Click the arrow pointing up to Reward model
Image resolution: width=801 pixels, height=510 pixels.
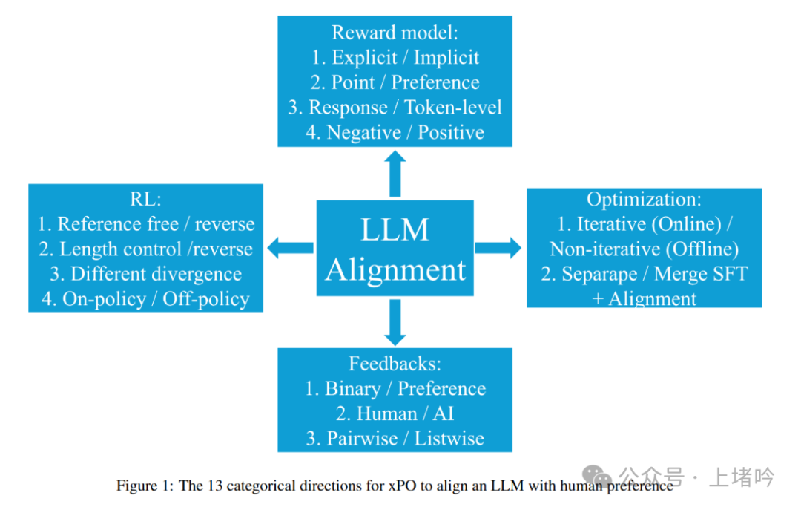coord(395,174)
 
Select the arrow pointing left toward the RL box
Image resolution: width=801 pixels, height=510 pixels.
coord(290,248)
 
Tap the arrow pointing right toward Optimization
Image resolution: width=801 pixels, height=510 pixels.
coord(498,248)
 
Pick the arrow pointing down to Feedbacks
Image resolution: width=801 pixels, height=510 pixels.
coord(395,322)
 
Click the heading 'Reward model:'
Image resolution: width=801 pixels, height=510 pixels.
coord(395,32)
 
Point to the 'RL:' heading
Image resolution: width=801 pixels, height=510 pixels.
coord(145,199)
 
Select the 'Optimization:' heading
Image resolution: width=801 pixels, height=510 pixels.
coord(645,199)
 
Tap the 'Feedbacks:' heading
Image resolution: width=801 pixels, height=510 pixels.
coord(395,364)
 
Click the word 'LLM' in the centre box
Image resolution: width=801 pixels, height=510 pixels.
coord(395,229)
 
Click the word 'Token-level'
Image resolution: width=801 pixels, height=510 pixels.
coord(453,108)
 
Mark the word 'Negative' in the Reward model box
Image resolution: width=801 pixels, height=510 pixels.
coord(363,133)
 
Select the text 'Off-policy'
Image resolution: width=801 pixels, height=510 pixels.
coord(206,299)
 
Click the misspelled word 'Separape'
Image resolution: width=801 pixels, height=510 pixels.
coord(599,275)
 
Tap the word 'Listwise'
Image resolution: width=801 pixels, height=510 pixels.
coord(449,439)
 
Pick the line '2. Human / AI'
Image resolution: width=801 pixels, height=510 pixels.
coord(395,413)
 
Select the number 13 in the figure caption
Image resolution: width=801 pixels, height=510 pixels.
coord(215,486)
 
